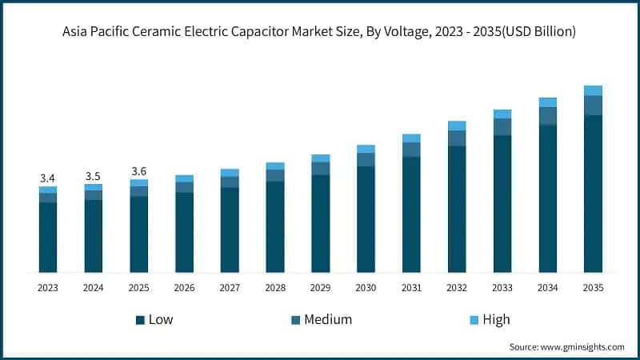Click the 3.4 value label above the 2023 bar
(48, 178)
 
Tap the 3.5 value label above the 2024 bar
(94, 175)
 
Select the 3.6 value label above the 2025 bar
(139, 171)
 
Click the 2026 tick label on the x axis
(184, 287)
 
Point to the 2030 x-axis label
(366, 287)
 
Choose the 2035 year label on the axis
(593, 287)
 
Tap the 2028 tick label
(275, 287)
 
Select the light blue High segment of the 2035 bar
(593, 90)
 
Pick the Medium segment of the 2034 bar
(547, 116)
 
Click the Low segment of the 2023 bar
(48, 237)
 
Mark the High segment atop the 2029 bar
(320, 158)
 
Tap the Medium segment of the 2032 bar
(457, 138)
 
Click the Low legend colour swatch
(140, 320)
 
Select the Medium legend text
(327, 320)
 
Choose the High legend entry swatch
(473, 320)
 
